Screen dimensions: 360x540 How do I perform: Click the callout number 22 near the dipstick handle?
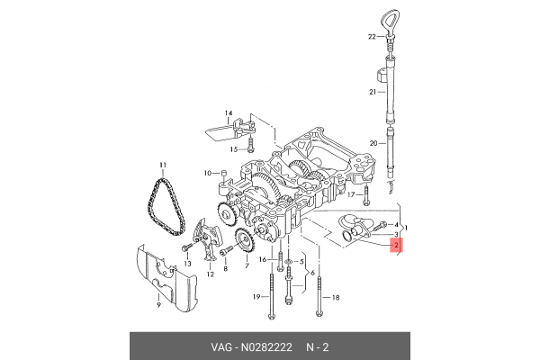pyautogui.click(x=370, y=37)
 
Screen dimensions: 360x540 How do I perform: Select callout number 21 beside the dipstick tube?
pyautogui.click(x=371, y=93)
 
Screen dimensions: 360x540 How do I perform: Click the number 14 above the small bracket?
pyautogui.click(x=228, y=113)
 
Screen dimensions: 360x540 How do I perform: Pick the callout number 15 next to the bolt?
pyautogui.click(x=232, y=148)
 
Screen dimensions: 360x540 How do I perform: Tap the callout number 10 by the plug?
pyautogui.click(x=207, y=171)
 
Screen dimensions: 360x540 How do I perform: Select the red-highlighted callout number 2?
pyautogui.click(x=397, y=244)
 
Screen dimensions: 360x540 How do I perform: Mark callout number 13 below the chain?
pyautogui.click(x=188, y=263)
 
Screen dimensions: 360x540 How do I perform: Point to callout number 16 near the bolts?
pyautogui.click(x=265, y=259)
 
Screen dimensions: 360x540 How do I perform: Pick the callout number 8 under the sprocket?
pyautogui.click(x=225, y=269)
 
